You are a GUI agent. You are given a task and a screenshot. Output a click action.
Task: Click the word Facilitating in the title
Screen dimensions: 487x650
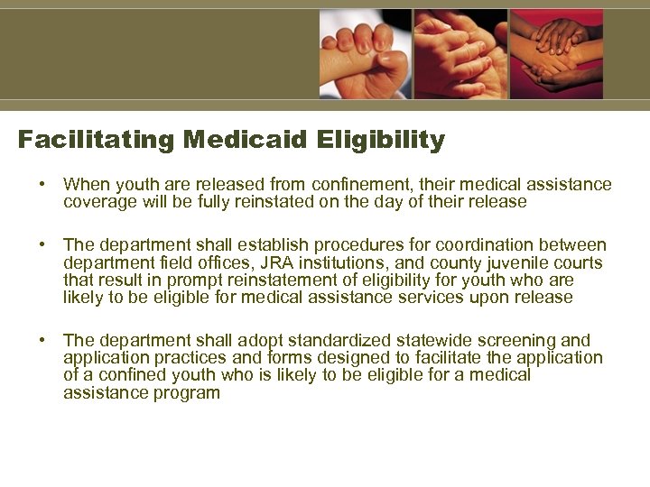click(x=97, y=141)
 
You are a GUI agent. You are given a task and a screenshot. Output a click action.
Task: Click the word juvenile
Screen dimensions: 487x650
click(x=509, y=262)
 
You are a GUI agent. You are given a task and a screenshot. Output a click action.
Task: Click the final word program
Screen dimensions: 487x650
click(x=185, y=393)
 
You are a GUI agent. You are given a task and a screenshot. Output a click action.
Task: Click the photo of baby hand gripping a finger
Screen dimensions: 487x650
click(x=365, y=54)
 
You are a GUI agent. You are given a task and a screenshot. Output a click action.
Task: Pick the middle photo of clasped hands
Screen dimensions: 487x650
click(x=460, y=54)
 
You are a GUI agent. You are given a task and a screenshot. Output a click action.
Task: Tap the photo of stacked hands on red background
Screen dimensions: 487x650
click(x=556, y=54)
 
